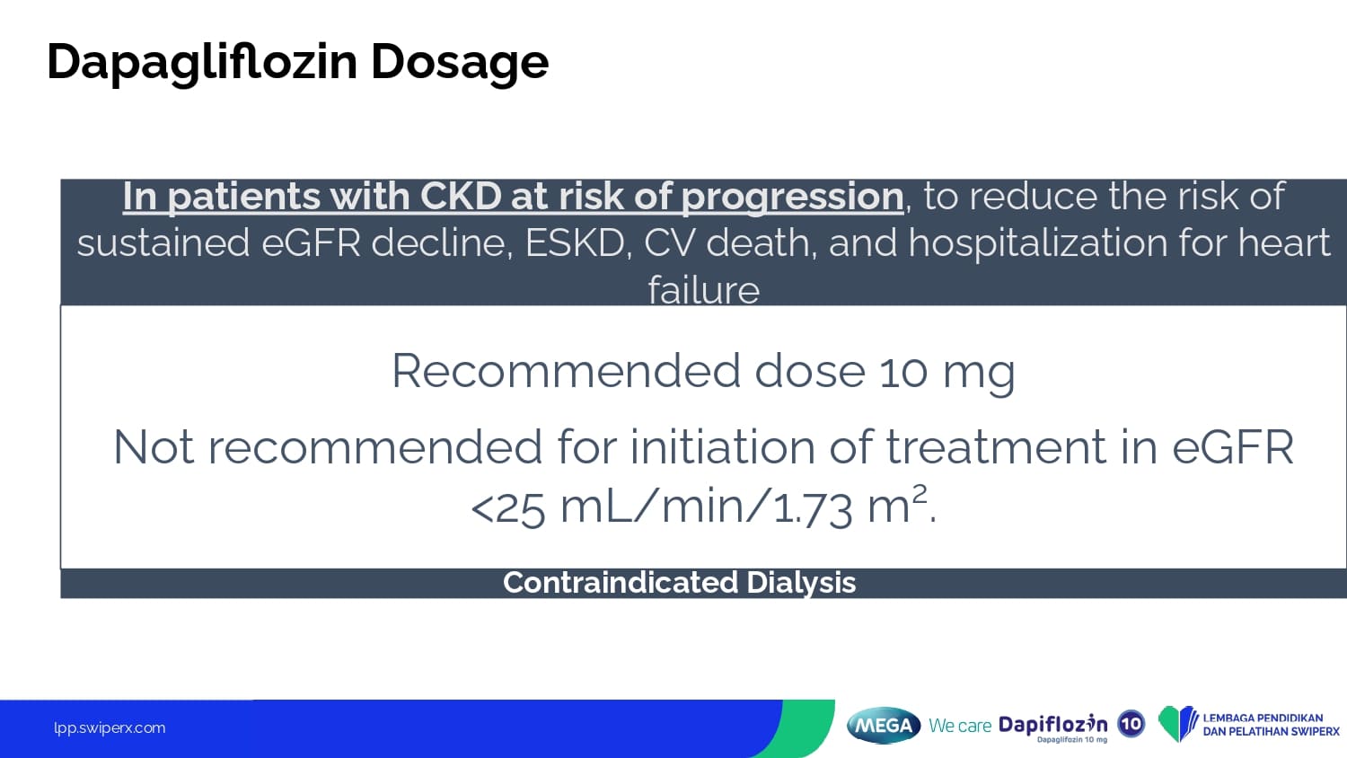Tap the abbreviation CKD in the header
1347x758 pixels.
pyautogui.click(x=461, y=196)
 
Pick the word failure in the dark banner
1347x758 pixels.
pyautogui.click(x=703, y=290)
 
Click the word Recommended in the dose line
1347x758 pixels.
pyautogui.click(x=566, y=371)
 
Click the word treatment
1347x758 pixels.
pyautogui.click(x=996, y=448)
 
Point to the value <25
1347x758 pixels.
pyautogui.click(x=508, y=508)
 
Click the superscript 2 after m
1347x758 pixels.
pyautogui.click(x=920, y=495)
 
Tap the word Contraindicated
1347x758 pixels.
pyautogui.click(x=620, y=582)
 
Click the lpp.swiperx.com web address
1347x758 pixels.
pyautogui.click(x=110, y=728)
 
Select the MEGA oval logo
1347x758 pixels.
pyautogui.click(x=884, y=726)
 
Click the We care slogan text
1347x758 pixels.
pyautogui.click(x=960, y=726)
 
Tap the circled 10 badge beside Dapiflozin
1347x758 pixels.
pyautogui.click(x=1131, y=723)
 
